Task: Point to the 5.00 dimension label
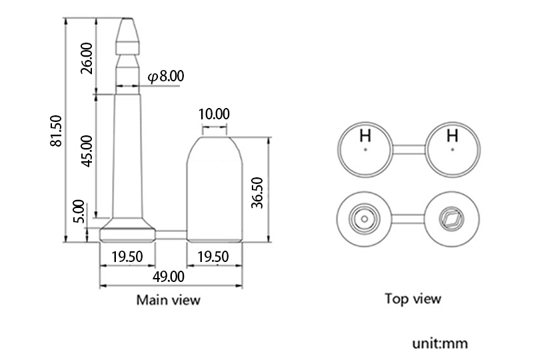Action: point(79,210)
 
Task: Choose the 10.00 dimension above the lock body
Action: point(214,114)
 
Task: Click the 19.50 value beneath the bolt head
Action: point(127,257)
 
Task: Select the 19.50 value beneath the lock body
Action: point(214,257)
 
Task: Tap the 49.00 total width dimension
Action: point(170,275)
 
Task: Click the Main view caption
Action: point(168,299)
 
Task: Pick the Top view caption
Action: point(412,299)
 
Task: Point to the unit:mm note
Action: point(440,344)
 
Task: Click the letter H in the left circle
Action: point(365,136)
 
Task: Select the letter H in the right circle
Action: point(452,136)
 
